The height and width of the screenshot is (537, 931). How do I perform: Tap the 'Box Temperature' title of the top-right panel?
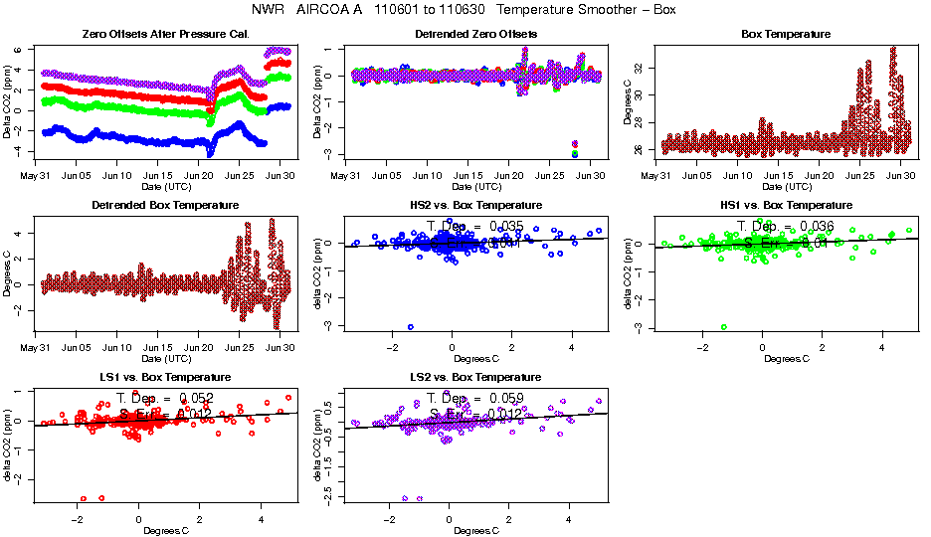pos(786,34)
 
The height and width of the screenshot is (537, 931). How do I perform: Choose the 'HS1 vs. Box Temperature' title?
pos(786,205)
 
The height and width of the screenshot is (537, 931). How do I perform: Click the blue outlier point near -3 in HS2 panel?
pos(411,326)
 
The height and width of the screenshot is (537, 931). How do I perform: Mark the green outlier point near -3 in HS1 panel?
pos(724,326)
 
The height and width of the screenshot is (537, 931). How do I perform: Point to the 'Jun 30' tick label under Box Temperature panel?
pos(900,175)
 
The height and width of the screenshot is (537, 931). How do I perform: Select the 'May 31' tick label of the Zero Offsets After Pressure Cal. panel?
pos(35,175)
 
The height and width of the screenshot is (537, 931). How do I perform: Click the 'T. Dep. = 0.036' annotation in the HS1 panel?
pos(786,227)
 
